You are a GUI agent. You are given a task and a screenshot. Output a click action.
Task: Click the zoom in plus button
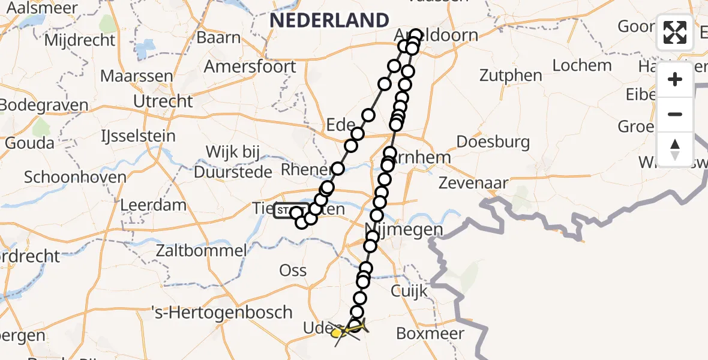(x=675, y=79)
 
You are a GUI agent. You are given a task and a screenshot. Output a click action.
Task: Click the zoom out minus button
(x=675, y=114)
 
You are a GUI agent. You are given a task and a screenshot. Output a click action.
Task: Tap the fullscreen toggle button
(x=675, y=32)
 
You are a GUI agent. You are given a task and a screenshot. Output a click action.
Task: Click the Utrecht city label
(x=163, y=101)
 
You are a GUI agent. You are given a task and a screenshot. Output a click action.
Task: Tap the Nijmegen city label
(x=404, y=229)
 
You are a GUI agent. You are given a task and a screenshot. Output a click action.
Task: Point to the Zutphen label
(x=511, y=76)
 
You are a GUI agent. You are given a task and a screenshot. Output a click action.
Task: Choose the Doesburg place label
(x=493, y=142)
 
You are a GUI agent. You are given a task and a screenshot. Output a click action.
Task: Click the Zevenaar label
(x=474, y=183)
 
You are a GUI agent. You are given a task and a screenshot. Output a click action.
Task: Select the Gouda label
(x=29, y=143)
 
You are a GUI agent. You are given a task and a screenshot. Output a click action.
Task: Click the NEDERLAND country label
(x=329, y=20)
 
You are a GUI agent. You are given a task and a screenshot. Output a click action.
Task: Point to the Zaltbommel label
(x=201, y=250)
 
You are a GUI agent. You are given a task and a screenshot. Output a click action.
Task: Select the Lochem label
(x=582, y=65)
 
